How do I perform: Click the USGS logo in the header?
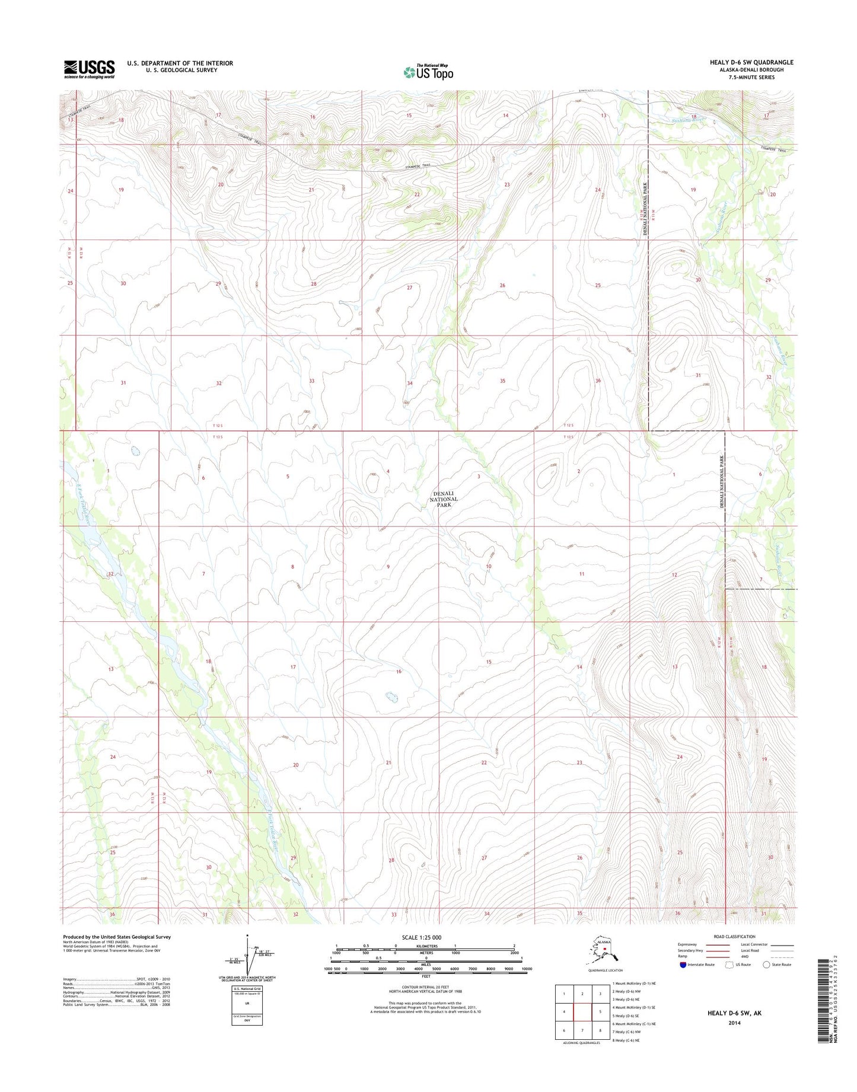[89, 69]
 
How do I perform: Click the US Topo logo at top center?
[428, 72]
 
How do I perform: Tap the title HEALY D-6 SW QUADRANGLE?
[751, 62]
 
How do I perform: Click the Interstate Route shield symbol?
[683, 965]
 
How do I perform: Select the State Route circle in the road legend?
[766, 965]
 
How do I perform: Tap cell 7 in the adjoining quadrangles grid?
[582, 1030]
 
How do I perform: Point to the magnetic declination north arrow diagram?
[248, 956]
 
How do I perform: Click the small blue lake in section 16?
[391, 696]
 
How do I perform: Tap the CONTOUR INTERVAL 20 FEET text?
[425, 987]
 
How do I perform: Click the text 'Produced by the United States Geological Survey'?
[117, 937]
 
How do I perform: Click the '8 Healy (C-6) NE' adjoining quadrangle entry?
[633, 1040]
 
